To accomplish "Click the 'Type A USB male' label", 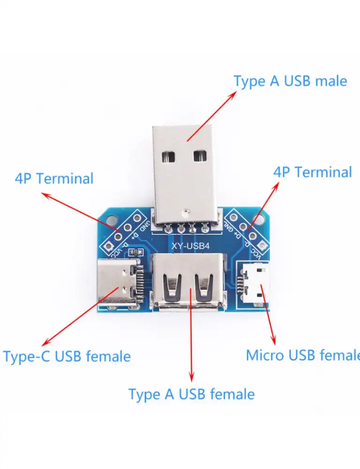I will click(x=290, y=81).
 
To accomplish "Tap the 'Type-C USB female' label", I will click(x=67, y=356).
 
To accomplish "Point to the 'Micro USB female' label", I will click(x=303, y=355).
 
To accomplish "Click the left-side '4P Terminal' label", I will click(x=54, y=179).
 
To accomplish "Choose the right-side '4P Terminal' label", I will click(x=312, y=172).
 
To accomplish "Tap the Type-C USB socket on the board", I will click(x=117, y=283).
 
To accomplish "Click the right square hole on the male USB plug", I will click(x=200, y=156).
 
